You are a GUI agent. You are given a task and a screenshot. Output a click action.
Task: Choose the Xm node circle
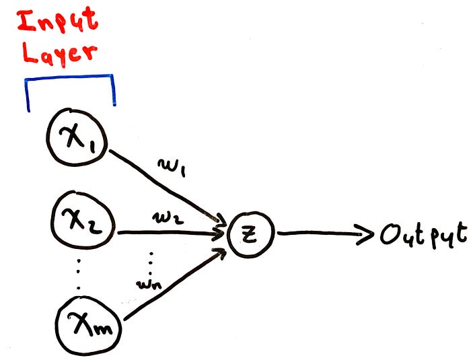coord(87,328)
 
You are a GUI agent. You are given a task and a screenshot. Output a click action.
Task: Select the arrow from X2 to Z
coord(172,233)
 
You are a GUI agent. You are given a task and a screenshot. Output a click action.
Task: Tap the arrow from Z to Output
coord(323,234)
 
